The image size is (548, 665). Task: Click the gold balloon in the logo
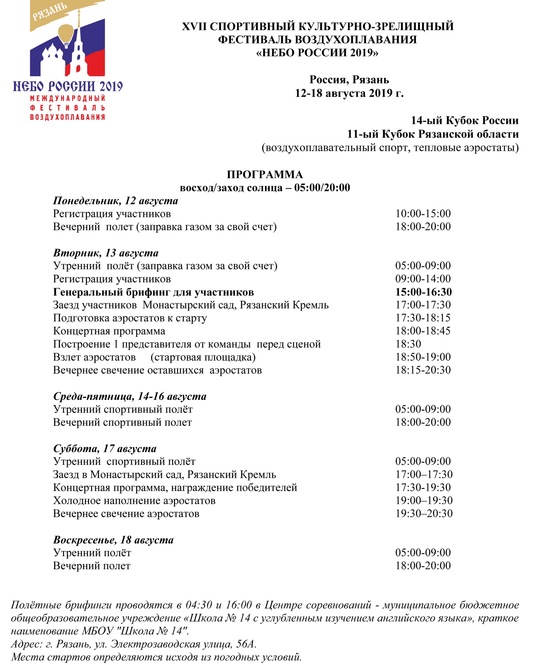[66, 33]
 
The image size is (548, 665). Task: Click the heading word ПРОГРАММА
[265, 175]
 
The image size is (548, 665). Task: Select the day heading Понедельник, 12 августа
[115, 201]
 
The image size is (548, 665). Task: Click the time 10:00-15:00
[423, 214]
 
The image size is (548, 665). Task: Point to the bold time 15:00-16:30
[423, 292]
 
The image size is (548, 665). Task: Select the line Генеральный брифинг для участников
[153, 292]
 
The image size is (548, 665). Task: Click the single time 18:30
[408, 344]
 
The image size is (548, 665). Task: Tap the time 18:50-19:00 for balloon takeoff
[423, 357]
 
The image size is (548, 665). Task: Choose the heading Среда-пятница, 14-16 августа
[129, 396]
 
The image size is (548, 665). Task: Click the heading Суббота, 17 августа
[104, 448]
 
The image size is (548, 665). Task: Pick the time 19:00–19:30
[424, 500]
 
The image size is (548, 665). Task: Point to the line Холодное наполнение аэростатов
[134, 501]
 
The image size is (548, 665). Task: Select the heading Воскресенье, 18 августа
[113, 540]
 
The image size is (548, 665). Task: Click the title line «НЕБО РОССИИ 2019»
[317, 52]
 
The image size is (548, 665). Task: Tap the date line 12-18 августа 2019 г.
[349, 93]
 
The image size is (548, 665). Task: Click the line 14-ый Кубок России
[464, 120]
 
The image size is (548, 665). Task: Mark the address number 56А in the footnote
[245, 644]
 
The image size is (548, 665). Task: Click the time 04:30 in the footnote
[199, 605]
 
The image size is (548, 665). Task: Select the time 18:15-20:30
[423, 370]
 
